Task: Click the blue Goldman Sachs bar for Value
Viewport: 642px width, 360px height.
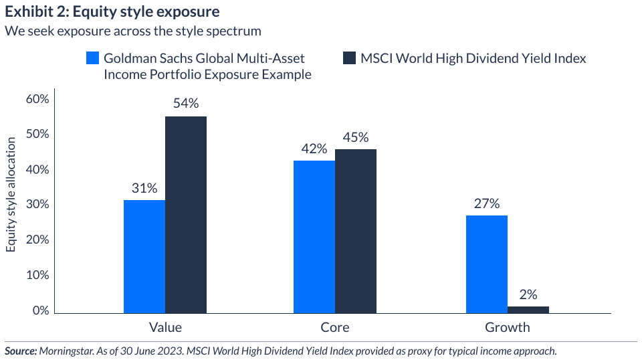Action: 144,256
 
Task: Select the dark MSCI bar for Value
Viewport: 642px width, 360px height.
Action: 186,215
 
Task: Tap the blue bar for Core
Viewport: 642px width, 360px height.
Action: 314,237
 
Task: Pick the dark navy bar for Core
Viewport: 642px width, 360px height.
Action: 356,231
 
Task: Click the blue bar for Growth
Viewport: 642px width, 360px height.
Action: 487,264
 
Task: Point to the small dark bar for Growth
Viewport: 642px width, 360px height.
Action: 528,309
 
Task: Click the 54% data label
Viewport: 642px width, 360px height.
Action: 186,103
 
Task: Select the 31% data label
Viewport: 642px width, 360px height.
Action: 144,187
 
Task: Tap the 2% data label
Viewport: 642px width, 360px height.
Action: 528,294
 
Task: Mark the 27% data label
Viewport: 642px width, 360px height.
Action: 487,203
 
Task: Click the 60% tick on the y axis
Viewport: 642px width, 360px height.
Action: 37,99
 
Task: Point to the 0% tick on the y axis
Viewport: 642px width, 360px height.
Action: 41,311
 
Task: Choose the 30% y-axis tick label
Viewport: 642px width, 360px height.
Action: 37,205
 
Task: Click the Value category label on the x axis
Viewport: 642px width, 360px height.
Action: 165,328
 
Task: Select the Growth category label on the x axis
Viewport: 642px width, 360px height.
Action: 507,328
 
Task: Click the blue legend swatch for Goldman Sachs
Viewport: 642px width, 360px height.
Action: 93,58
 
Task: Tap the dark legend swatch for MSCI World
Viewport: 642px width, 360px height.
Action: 348,58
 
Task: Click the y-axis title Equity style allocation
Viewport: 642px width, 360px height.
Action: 11,195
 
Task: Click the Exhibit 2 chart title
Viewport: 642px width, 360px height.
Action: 111,12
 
